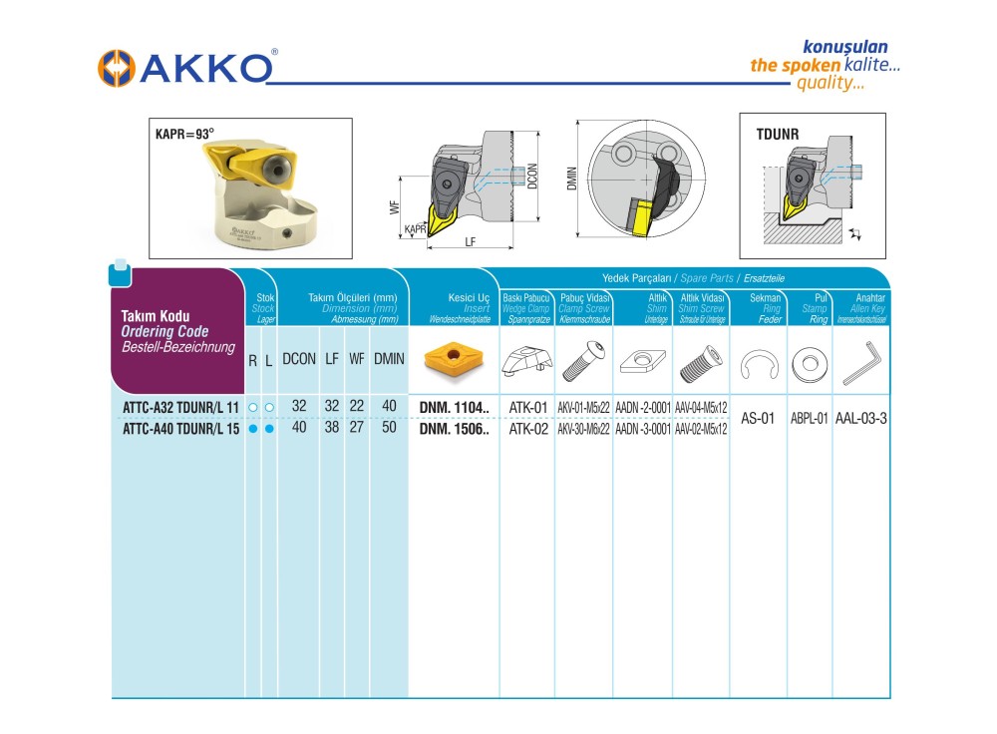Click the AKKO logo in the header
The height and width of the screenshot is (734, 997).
coord(187,67)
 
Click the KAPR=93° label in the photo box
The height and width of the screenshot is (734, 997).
coord(184,133)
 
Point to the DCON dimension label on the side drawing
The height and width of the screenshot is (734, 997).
coord(532,178)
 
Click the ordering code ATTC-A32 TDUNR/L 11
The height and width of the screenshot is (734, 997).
coord(180,407)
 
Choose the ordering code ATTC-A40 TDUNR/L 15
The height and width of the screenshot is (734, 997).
coord(180,429)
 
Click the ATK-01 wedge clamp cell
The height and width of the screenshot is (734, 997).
coord(528,407)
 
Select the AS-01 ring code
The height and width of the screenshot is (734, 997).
coord(759,418)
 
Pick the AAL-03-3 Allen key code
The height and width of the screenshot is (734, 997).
coord(860,418)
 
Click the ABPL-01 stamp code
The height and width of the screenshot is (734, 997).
coord(810,418)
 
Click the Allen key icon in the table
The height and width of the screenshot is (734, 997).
coord(860,363)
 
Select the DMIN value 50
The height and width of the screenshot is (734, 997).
coord(389,429)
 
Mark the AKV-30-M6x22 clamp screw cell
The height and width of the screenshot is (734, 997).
coord(583,429)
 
